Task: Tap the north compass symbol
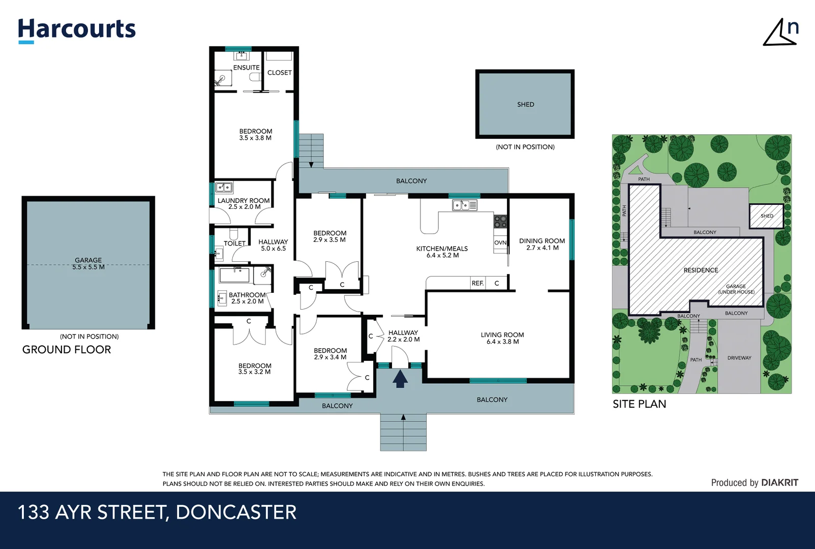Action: [x=780, y=33]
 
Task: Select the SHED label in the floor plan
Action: [x=525, y=104]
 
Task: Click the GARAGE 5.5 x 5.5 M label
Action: [x=88, y=263]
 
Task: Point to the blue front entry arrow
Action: [x=400, y=379]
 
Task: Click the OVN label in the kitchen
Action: [x=500, y=242]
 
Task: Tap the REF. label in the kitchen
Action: [x=477, y=283]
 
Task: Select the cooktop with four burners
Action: [x=500, y=221]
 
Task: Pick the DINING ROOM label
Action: [x=542, y=241]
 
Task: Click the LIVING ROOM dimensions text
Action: [x=502, y=342]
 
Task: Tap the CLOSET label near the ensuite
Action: [x=280, y=73]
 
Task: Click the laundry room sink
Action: [x=224, y=188]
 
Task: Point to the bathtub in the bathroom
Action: [x=234, y=275]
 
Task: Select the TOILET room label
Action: [x=234, y=243]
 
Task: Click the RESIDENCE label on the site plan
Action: [x=701, y=270]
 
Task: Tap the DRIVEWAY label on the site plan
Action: [x=739, y=358]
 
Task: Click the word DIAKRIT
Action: [x=780, y=482]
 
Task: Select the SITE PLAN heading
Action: [x=639, y=404]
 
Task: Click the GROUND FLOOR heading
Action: [x=67, y=350]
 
